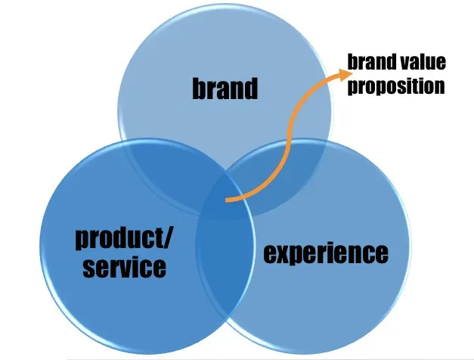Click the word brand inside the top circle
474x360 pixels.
click(225, 88)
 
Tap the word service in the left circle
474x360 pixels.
click(125, 268)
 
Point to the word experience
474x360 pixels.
click(326, 253)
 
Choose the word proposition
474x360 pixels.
click(396, 86)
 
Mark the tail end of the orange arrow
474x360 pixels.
click(226, 200)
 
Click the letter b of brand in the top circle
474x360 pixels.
click(199, 88)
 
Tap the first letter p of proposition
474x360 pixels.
click(353, 88)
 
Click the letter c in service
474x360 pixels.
click(146, 269)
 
